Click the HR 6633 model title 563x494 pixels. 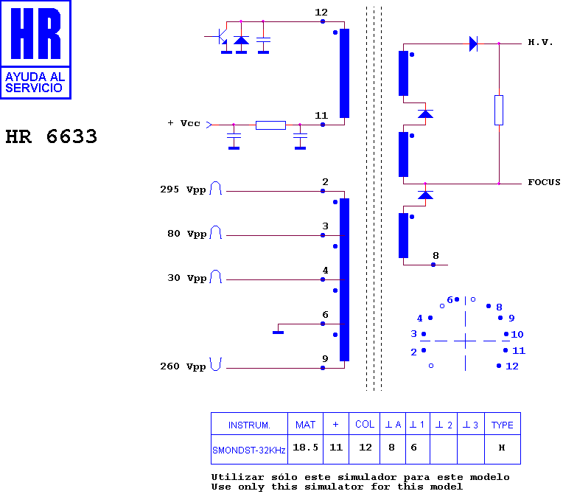point(52,136)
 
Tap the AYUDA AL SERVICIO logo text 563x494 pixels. point(35,83)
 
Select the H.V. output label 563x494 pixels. point(540,42)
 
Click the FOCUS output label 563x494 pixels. point(544,182)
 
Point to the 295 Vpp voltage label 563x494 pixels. point(183,189)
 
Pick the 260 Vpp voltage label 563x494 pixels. point(183,366)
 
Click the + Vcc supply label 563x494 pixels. point(183,123)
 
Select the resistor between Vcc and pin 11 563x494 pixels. point(270,125)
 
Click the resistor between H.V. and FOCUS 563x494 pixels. point(499,111)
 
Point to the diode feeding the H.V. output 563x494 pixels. point(474,44)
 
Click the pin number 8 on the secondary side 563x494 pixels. point(436,255)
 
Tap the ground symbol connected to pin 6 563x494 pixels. point(279,333)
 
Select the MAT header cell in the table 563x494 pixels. point(305,425)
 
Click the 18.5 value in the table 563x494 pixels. point(305,448)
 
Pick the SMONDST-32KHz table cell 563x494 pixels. point(249,450)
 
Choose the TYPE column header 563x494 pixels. point(502,425)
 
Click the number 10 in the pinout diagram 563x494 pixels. point(517,335)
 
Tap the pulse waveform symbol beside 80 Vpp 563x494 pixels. point(215,232)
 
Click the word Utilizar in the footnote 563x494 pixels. point(237,477)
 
